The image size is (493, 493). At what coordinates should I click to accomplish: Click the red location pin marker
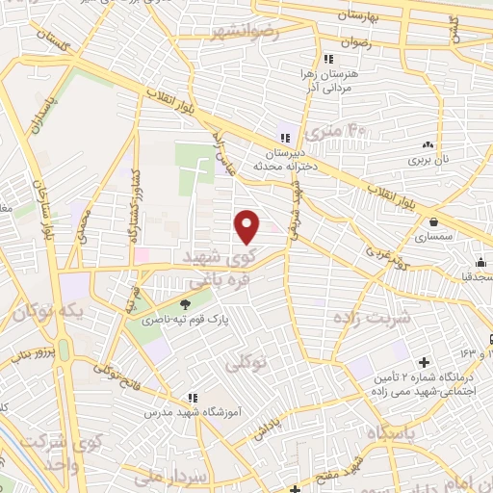[x=247, y=225]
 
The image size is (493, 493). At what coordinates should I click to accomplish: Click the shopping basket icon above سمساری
[x=435, y=221]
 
